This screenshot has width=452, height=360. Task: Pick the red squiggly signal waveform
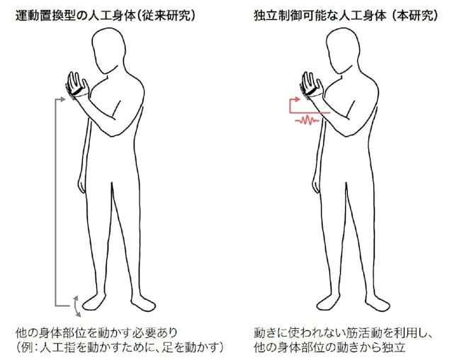(306, 121)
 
